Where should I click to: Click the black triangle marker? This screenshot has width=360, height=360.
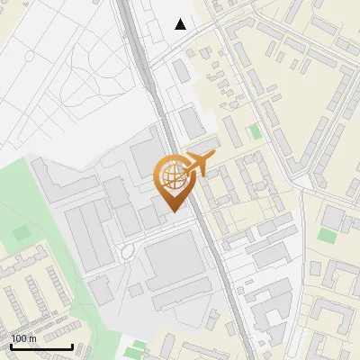click(x=181, y=24)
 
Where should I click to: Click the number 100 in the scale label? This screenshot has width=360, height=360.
click(x=18, y=337)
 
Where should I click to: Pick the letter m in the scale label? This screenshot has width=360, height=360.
click(x=32, y=337)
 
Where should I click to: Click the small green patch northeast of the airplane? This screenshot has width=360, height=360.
click(x=255, y=131)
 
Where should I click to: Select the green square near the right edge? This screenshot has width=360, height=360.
click(x=326, y=235)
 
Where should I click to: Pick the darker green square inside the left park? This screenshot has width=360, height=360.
click(x=21, y=233)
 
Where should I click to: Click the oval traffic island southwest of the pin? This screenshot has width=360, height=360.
click(x=126, y=251)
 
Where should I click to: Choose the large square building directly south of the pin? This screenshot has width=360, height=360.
click(x=175, y=260)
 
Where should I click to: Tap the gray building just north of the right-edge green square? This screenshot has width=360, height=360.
click(x=332, y=217)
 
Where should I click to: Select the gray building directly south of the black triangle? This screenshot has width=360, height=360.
click(x=183, y=69)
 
